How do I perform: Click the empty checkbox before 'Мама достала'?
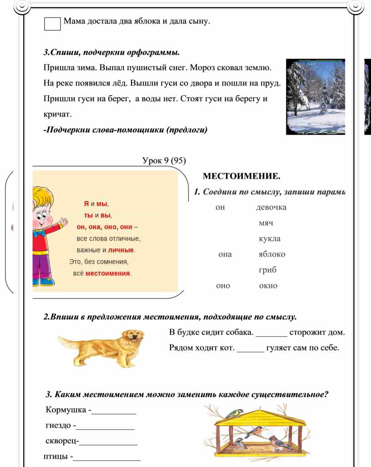pos(52,24)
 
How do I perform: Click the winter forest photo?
pos(316,96)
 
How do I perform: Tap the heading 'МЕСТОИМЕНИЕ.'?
pos(241,176)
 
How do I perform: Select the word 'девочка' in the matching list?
pos(271,208)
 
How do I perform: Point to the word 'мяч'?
pos(266,223)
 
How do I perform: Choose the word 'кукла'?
pos(270,239)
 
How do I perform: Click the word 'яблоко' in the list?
pos(272,254)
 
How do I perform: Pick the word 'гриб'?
pos(268,270)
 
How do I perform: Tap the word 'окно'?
pos(268,286)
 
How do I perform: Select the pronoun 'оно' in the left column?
pos(223,286)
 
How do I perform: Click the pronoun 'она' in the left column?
pos(225,254)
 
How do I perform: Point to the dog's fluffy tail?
pos(68,341)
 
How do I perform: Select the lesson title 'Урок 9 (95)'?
pos(164,160)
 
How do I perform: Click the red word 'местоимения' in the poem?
pos(108,274)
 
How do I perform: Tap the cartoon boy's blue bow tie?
pos(40,233)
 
